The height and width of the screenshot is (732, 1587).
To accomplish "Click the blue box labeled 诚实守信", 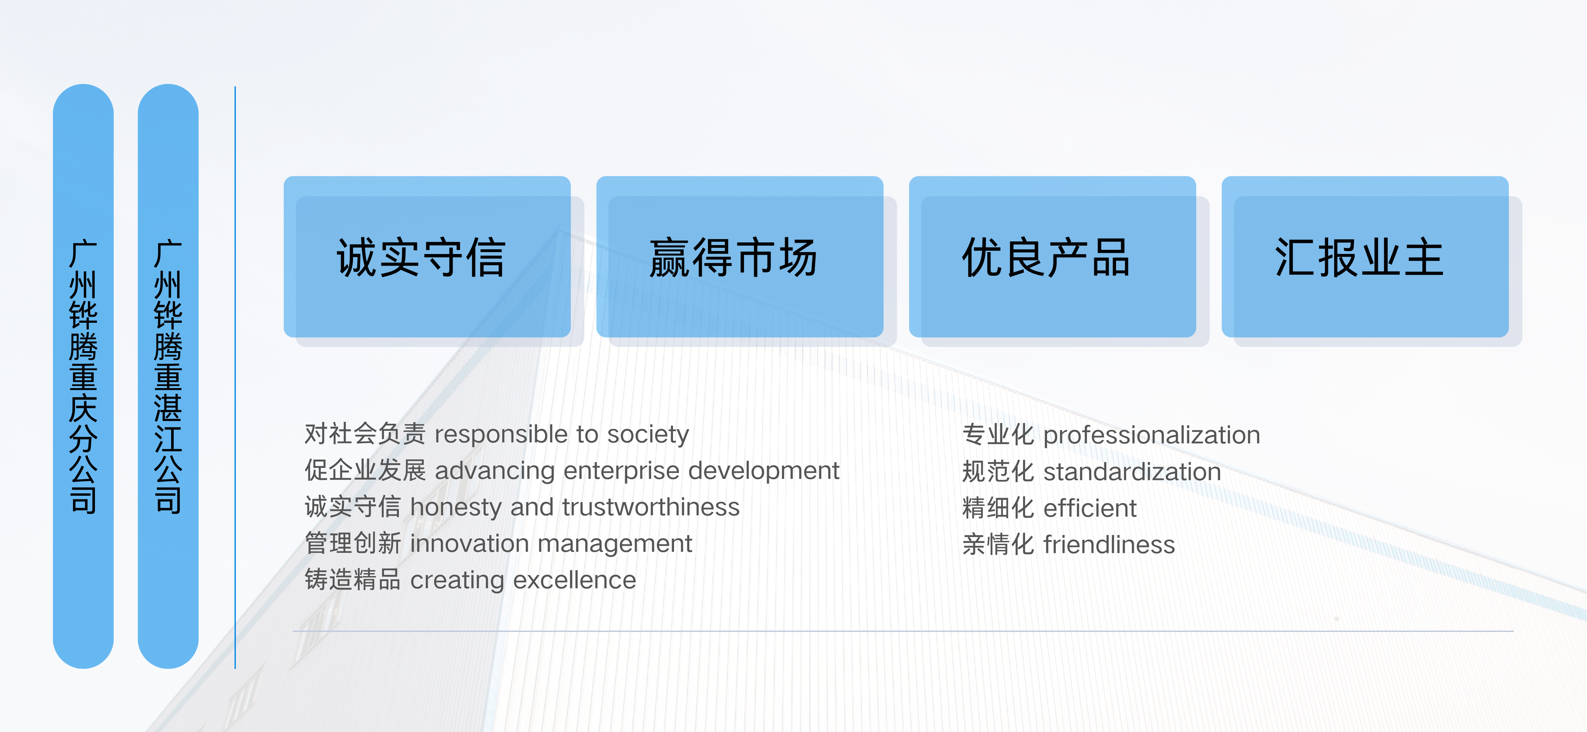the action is tap(427, 257).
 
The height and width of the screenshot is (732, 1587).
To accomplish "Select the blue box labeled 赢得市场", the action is tap(739, 257).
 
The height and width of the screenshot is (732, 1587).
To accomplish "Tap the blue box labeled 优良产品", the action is tap(1052, 257).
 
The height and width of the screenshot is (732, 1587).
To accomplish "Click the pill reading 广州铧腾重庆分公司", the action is tap(83, 376).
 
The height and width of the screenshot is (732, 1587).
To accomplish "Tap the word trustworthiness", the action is tap(651, 507).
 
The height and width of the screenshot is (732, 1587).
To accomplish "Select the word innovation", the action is tap(469, 544).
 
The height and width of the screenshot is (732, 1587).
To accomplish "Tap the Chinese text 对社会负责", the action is tap(365, 434).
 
